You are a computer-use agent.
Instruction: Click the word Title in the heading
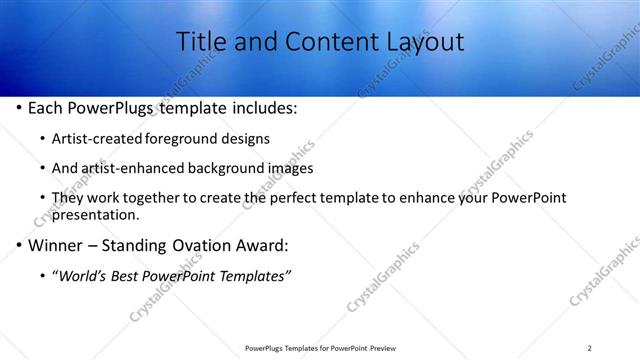(x=199, y=41)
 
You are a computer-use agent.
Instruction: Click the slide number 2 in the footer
(x=589, y=347)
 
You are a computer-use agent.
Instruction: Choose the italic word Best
(x=127, y=275)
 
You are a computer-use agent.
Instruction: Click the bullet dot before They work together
(x=41, y=198)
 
